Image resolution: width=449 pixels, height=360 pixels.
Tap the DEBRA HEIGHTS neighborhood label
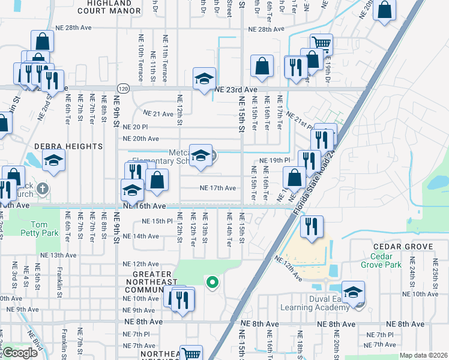point(68,146)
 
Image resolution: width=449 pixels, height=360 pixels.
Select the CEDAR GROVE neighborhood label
point(403,247)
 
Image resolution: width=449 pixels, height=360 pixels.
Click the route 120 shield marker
point(122,87)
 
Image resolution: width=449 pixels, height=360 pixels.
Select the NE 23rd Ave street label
point(235,88)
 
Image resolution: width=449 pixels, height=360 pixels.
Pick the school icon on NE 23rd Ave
point(204,79)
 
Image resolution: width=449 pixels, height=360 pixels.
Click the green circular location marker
point(211,281)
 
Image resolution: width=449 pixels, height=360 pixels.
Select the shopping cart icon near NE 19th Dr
point(322,44)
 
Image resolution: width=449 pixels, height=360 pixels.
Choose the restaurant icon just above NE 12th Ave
point(312,227)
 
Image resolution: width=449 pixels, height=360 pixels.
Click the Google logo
point(19,353)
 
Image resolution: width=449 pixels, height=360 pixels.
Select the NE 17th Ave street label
point(217,188)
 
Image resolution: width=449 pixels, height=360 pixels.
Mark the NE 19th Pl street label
point(275,161)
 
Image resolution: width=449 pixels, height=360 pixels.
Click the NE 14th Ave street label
point(141,236)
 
